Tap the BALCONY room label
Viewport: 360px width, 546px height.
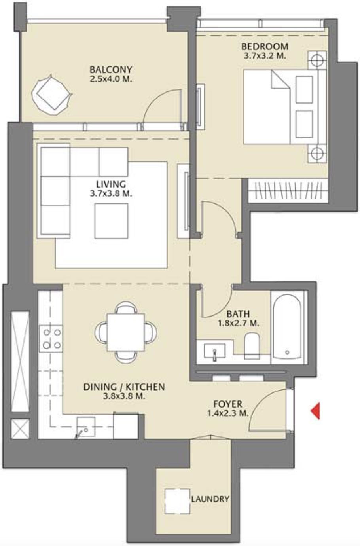[x=110, y=70]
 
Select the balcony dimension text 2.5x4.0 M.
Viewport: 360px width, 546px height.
[x=110, y=79]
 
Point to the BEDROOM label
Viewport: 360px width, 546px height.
[x=265, y=47]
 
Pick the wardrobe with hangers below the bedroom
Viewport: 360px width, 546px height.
[x=288, y=190]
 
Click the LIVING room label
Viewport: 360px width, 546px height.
[x=111, y=184]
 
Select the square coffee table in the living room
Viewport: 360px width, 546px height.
[x=111, y=221]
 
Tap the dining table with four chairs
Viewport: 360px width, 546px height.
[x=126, y=332]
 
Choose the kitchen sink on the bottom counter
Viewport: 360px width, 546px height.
[x=85, y=427]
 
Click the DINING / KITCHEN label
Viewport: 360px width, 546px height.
[x=123, y=387]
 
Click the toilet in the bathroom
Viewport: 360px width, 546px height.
[x=252, y=345]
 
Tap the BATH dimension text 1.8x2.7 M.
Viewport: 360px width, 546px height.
[x=239, y=323]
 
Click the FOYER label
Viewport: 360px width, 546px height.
[x=227, y=404]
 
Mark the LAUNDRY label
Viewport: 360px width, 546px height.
[x=210, y=499]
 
